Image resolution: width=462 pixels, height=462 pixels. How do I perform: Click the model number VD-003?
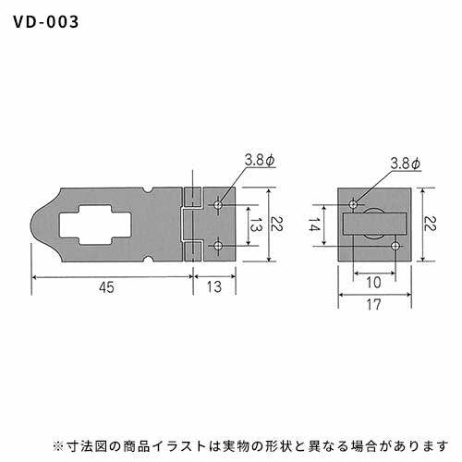pos(46,22)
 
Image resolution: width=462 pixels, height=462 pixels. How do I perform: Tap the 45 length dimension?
pos(106,287)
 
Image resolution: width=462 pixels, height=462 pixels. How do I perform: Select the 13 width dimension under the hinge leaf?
pos(214,286)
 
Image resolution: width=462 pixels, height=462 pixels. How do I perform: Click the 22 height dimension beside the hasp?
pos(276,224)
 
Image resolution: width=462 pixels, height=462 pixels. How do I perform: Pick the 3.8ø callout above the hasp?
pos(260,160)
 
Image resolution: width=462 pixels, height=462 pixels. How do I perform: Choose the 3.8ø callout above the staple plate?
pos(405,164)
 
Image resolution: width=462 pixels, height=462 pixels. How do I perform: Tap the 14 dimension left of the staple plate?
pos(314,225)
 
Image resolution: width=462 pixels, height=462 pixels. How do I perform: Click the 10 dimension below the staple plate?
pos(374,282)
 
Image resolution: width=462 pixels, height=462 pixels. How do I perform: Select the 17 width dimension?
pos(374,304)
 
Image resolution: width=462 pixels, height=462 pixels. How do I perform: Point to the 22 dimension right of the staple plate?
pos(430,224)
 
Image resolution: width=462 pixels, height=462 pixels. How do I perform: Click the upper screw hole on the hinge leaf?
pos(218,204)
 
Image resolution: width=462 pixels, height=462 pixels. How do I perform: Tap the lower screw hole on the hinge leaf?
pos(218,246)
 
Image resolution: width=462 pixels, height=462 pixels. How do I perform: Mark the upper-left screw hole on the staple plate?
pos(353,204)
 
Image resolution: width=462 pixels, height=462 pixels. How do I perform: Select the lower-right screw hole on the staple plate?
pos(395,246)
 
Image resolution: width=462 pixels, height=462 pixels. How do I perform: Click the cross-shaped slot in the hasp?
pos(95,225)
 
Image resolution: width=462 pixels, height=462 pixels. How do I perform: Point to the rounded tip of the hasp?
pos(34,225)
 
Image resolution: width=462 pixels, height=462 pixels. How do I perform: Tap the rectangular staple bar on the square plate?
pos(375,224)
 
